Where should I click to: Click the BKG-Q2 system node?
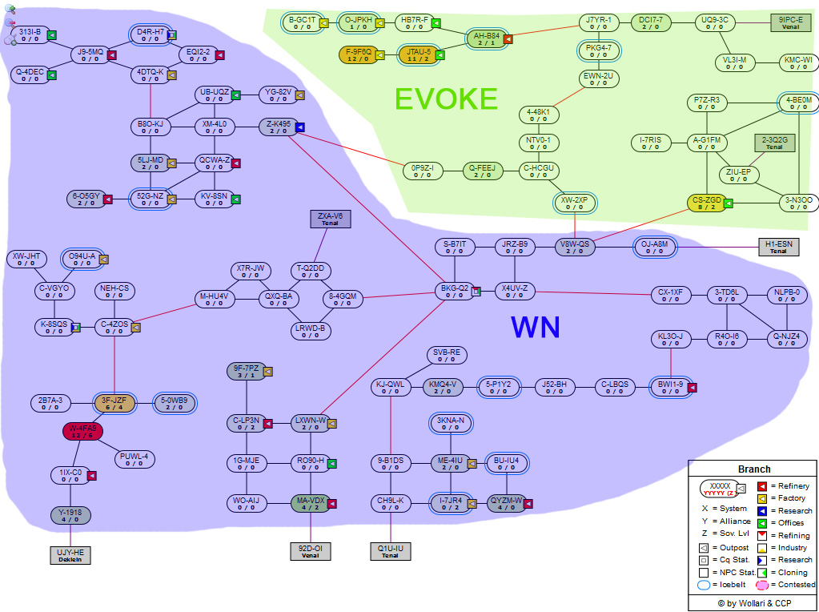tap(454, 291)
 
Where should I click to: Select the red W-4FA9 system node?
tap(82, 432)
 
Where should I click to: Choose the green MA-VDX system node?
tap(310, 504)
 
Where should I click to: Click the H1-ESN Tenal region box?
tap(778, 247)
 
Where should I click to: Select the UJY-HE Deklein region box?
tap(70, 555)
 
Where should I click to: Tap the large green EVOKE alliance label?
tap(446, 99)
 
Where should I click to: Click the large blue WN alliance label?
tap(535, 327)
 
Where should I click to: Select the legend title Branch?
tap(753, 469)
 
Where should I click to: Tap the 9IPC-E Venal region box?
tap(790, 22)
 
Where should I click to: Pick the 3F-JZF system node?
tap(114, 403)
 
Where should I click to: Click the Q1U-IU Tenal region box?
tap(390, 551)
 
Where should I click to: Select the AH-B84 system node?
tap(487, 39)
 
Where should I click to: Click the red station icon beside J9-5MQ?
tap(112, 55)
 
